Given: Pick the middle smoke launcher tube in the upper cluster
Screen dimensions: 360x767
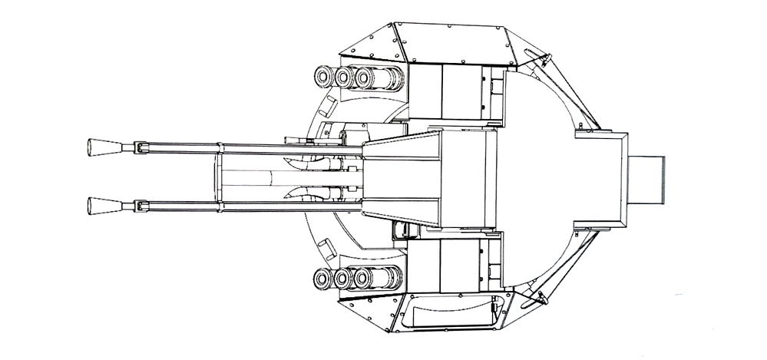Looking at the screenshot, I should tap(345, 76).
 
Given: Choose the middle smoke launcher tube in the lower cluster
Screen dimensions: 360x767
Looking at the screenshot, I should tap(345, 277).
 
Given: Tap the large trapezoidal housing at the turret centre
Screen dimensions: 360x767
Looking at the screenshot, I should tap(430, 178).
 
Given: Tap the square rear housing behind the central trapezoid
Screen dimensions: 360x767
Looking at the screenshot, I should tap(600, 178).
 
